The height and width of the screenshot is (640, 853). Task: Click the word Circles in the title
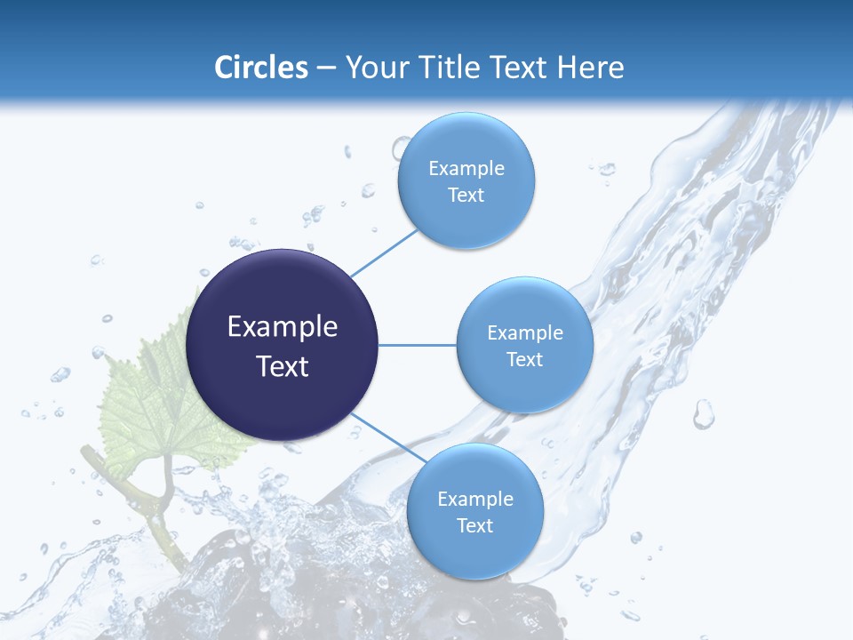point(260,68)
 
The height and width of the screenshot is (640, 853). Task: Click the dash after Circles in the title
point(326,68)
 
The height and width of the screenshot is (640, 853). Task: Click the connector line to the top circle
point(385,252)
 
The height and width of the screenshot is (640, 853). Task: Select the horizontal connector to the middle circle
point(417,345)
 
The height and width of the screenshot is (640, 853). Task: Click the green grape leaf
point(151,400)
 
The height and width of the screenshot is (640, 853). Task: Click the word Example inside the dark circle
point(283,327)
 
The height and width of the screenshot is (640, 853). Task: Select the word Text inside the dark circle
point(283,366)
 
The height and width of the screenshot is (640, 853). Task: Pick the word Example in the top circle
point(466,169)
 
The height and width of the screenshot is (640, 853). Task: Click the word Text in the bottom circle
point(474,526)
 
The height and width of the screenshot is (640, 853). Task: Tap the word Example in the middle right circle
point(524,333)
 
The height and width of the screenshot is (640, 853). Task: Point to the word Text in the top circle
point(466,196)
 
